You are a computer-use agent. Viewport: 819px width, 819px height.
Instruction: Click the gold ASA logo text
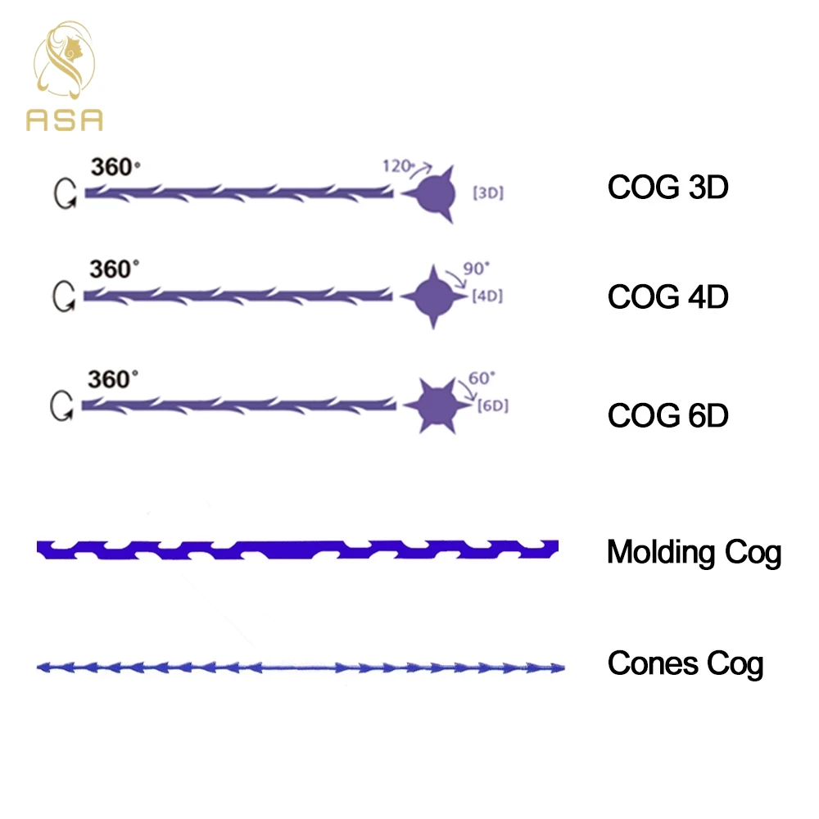[65, 120]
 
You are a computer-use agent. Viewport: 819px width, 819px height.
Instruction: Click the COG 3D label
[667, 188]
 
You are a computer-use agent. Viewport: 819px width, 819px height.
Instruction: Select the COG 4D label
[667, 296]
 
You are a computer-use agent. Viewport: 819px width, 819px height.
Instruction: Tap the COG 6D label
[667, 415]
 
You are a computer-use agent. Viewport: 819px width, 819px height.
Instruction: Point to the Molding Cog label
[694, 553]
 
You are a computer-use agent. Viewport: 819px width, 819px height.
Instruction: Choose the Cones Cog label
[685, 663]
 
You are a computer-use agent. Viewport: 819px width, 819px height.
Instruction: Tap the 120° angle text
[397, 166]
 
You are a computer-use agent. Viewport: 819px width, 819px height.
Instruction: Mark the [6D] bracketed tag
[492, 405]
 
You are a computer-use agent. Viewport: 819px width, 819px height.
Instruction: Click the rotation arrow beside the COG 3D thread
[66, 193]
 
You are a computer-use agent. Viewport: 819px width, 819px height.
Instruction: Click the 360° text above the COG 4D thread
[114, 270]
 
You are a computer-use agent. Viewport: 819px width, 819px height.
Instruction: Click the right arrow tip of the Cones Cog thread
[559, 668]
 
